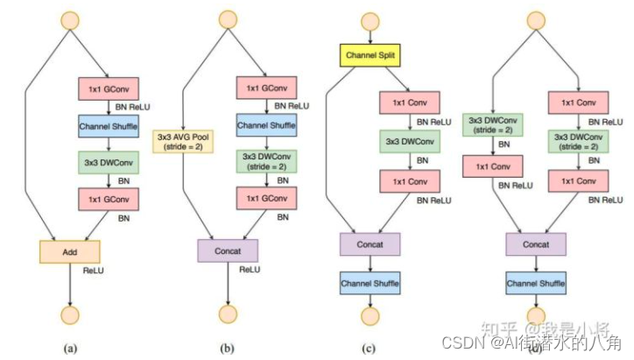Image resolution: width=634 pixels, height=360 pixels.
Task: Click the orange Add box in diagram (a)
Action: coord(71,251)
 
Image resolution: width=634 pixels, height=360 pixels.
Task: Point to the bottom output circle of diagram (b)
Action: coord(228,314)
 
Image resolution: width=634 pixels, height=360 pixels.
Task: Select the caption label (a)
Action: coord(70,348)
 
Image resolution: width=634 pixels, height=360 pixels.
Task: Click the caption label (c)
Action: coord(370,349)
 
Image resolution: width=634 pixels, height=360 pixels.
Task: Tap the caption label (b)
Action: coord(228,348)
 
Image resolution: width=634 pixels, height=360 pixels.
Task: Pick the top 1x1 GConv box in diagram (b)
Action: coord(266,88)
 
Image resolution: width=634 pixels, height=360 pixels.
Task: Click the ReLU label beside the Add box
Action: coord(94,272)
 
